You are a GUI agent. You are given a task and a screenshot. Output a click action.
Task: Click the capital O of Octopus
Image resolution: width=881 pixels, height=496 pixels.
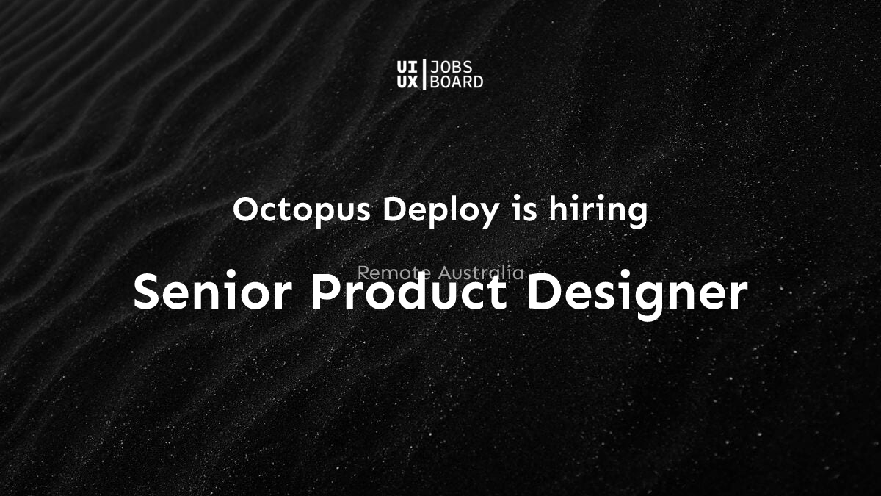(247, 211)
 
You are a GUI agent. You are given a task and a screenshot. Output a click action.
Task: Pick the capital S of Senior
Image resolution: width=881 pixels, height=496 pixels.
(149, 292)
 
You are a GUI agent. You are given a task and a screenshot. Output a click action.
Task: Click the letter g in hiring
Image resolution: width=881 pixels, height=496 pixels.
(637, 214)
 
